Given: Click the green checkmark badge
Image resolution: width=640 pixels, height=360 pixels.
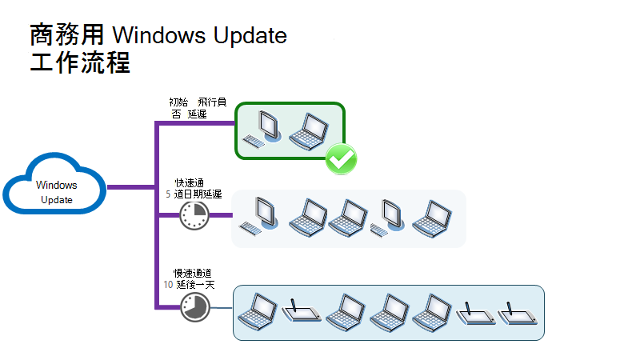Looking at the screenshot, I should click(x=341, y=158).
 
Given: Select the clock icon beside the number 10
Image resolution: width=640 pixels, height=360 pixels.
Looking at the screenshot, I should click(x=194, y=306).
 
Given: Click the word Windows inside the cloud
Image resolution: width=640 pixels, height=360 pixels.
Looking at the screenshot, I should click(x=56, y=186).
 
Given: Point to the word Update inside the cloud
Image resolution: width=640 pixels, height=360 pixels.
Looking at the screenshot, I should click(x=57, y=200).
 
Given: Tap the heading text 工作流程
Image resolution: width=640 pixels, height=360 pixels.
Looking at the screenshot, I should click(x=79, y=63).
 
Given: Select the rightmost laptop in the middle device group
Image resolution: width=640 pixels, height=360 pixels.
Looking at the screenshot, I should click(x=432, y=217).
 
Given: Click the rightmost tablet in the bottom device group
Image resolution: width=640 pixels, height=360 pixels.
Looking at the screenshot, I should click(x=518, y=314).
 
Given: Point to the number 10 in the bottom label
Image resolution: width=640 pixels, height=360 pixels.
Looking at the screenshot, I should click(x=168, y=283).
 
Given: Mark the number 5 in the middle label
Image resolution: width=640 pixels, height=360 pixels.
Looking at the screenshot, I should click(x=168, y=194).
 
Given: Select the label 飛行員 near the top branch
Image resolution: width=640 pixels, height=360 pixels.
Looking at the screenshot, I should click(x=213, y=103).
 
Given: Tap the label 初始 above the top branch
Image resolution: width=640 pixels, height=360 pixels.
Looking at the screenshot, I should click(x=179, y=103).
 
